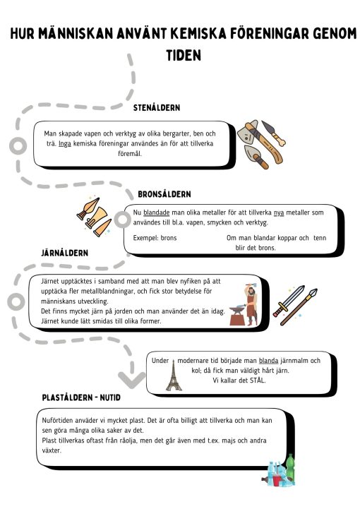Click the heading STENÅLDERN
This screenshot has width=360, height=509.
tap(157, 108)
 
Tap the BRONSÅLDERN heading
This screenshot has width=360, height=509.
tap(164, 194)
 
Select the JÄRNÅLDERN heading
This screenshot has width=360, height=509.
tap(65, 253)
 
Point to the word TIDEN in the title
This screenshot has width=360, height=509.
tap(184, 55)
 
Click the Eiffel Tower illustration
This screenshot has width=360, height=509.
tap(174, 375)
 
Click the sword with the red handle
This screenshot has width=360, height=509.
tap(289, 301)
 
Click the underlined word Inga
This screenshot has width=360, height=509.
tap(65, 143)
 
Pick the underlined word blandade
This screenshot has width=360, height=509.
tap(157, 212)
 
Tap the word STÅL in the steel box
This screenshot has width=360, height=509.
tap(258, 380)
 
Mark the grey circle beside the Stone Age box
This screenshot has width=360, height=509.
tap(18, 145)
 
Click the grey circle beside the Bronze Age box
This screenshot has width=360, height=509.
tap(123, 220)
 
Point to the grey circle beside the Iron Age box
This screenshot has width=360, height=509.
tap(16, 301)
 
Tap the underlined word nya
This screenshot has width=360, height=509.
tap(279, 212)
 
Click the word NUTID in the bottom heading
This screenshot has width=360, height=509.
tap(110, 397)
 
